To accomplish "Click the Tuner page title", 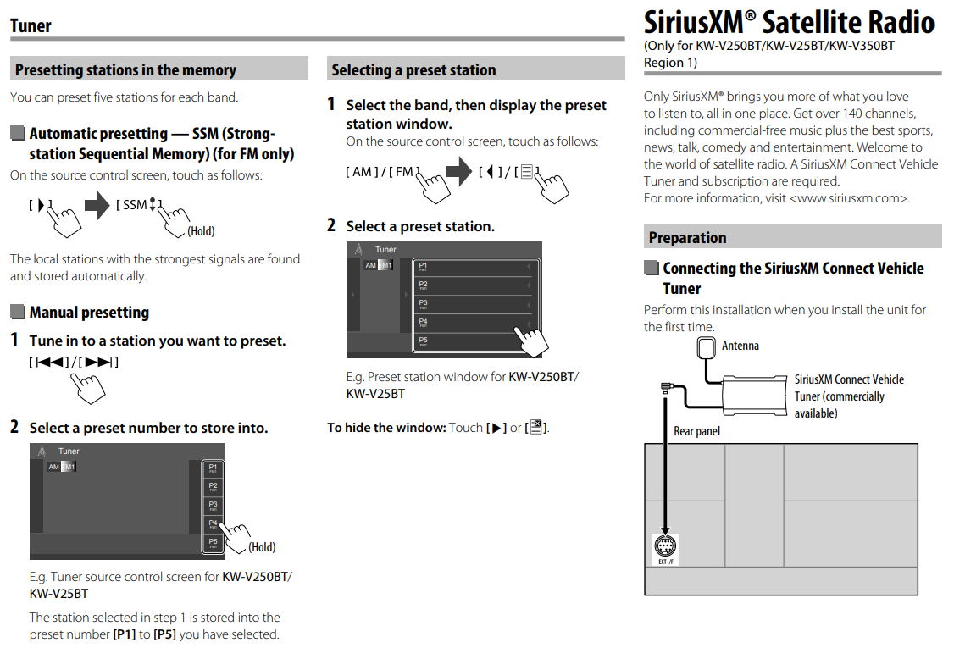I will (31, 25).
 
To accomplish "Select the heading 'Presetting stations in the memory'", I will (125, 70).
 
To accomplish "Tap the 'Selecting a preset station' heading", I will (413, 70).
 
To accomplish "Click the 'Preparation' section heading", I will (687, 237).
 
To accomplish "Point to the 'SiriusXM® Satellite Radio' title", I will (789, 22).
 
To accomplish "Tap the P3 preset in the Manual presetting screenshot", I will (214, 506).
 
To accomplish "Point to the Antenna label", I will (740, 346).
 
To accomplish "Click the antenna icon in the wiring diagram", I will (707, 349).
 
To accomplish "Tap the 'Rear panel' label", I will (696, 431).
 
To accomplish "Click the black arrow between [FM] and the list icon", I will (459, 172).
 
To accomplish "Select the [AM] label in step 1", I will (362, 172).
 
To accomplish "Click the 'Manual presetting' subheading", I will (89, 313).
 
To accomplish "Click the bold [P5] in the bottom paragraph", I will (165, 634).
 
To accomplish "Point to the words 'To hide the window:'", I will (386, 428).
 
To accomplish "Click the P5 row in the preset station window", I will (475, 342).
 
